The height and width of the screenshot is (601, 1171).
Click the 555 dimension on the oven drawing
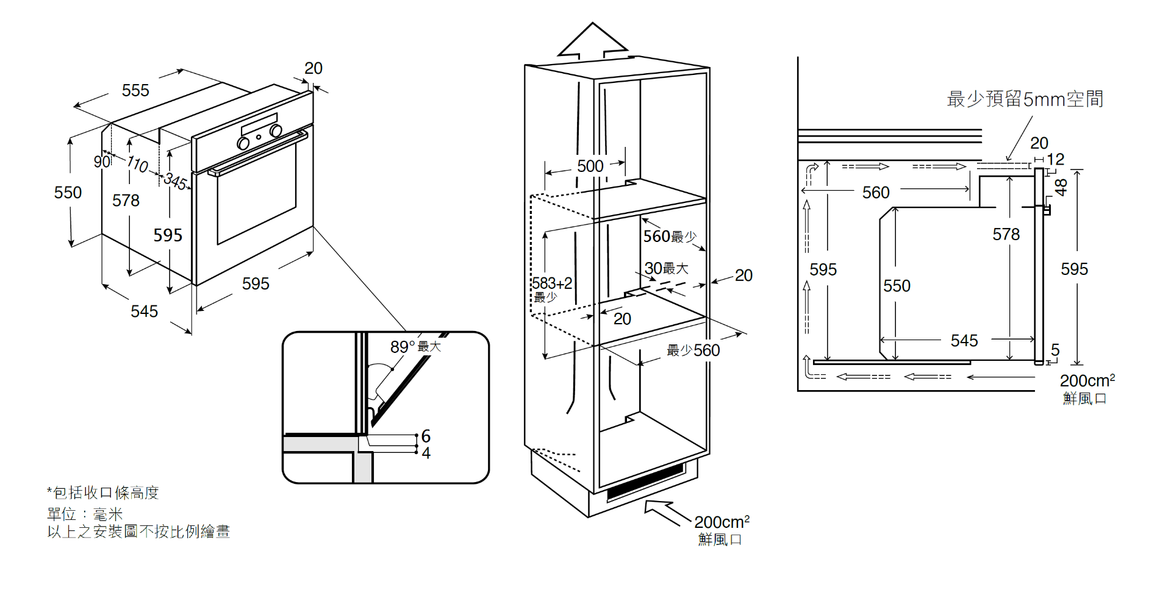[x=135, y=91]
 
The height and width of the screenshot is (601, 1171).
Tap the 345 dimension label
[x=175, y=181]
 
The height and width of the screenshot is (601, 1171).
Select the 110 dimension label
[x=137, y=164]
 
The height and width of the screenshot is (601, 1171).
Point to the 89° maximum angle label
[x=415, y=347]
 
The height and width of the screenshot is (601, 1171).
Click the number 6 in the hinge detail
[x=426, y=436]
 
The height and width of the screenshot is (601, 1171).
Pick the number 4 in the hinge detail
[x=426, y=453]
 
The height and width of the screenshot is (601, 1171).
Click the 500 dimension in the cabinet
[x=590, y=166]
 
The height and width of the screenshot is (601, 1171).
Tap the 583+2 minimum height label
[x=551, y=288]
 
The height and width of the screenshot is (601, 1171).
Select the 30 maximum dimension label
[x=666, y=269]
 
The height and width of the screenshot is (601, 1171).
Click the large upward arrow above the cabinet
[x=592, y=43]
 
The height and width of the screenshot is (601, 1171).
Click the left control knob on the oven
[x=243, y=143]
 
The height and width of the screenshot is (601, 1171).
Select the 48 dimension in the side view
[x=1062, y=187]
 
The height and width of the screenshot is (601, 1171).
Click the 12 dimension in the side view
[x=1055, y=160]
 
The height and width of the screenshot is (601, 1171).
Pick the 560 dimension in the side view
[x=876, y=193]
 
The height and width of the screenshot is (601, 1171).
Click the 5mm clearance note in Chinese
[x=1025, y=99]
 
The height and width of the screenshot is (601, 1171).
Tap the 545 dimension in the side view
[x=964, y=341]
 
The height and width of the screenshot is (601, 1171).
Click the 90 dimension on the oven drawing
[x=101, y=162]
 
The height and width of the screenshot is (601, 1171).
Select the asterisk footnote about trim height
[x=103, y=493]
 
